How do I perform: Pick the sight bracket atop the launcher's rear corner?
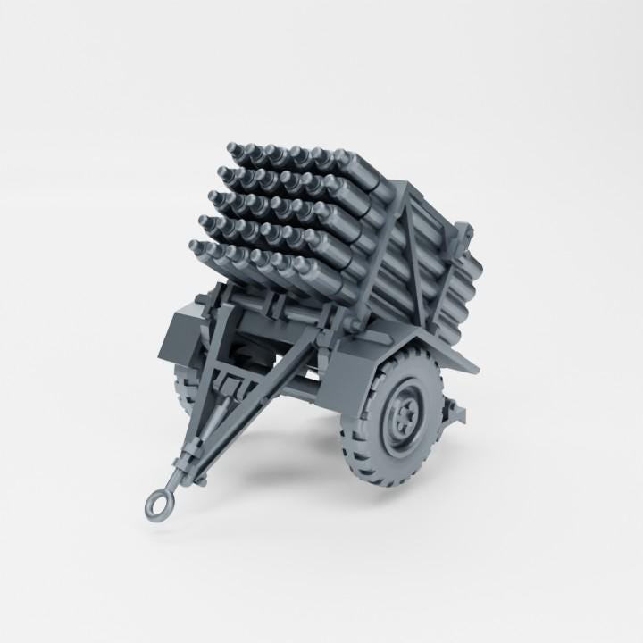coord(466,234)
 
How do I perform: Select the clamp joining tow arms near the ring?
coord(187,464)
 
